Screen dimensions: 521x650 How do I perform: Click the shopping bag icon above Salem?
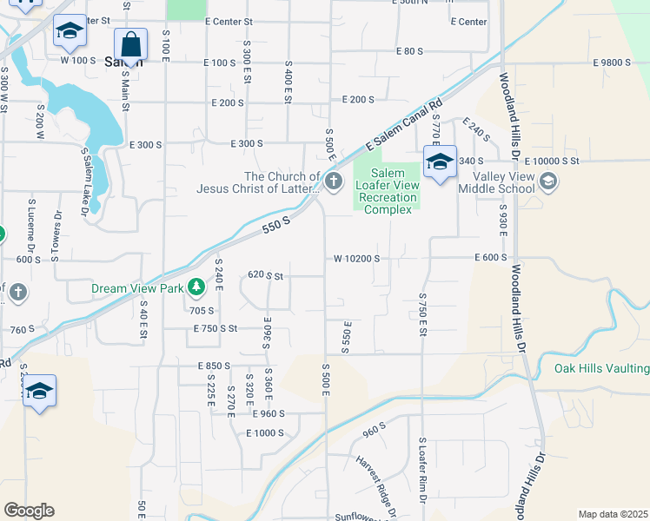[130, 44]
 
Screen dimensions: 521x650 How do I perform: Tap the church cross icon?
[335, 181]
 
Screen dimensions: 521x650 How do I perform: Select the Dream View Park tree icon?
[197, 287]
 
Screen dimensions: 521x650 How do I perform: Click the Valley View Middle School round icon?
[547, 181]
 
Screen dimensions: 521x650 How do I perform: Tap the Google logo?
[29, 511]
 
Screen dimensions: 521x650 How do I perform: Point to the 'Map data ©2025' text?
[613, 514]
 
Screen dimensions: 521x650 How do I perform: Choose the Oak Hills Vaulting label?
[601, 369]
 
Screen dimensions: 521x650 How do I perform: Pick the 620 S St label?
[266, 274]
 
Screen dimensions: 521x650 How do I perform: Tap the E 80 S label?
[408, 51]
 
